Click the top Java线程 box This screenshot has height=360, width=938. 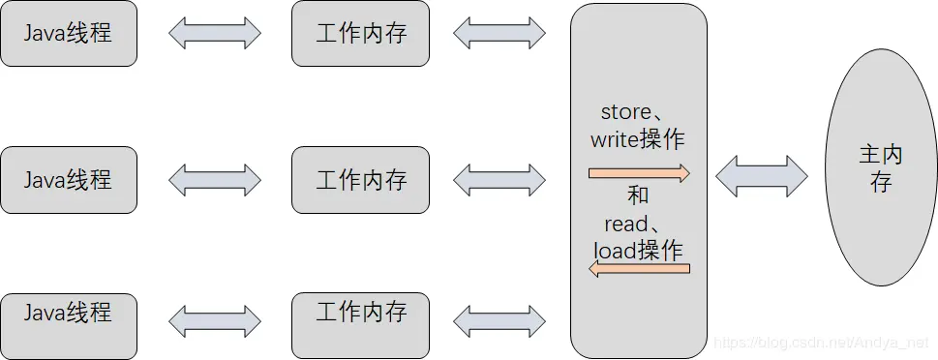[x=69, y=34]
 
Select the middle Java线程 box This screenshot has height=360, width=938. [x=69, y=180]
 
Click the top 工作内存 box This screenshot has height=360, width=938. [x=360, y=34]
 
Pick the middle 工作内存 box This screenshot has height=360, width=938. [x=360, y=180]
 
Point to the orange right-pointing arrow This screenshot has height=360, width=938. [x=639, y=173]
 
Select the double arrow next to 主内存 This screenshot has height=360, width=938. [x=762, y=177]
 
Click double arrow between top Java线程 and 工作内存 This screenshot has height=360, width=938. [x=215, y=34]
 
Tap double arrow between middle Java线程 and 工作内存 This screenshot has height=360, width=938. [x=215, y=180]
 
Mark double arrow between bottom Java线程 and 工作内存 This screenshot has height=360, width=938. [x=215, y=321]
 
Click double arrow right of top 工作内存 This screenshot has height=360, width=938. [x=499, y=34]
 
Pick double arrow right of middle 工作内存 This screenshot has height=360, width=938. [x=499, y=180]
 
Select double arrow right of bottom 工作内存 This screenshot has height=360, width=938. [x=499, y=321]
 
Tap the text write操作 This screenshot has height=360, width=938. [x=638, y=139]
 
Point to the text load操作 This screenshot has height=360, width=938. [x=638, y=250]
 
